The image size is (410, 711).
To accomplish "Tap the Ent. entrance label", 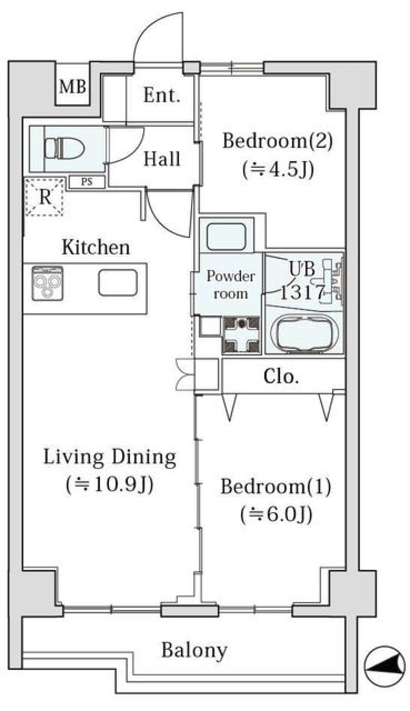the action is click(x=161, y=95).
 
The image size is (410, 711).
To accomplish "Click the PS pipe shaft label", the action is click(x=87, y=182).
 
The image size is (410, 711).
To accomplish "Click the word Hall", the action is click(x=162, y=159).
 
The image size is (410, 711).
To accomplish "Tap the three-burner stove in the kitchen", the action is click(x=47, y=283).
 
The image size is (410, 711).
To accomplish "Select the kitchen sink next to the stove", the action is click(x=118, y=283).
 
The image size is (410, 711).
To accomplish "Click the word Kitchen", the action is click(x=96, y=247).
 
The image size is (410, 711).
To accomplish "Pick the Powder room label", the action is click(x=231, y=285).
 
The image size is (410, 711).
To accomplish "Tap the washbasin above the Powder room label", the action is click(x=226, y=237).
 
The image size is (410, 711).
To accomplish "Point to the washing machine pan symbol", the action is click(x=241, y=335).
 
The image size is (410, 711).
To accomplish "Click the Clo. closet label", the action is click(x=281, y=377).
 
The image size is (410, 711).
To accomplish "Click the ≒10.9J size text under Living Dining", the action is click(x=110, y=484).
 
